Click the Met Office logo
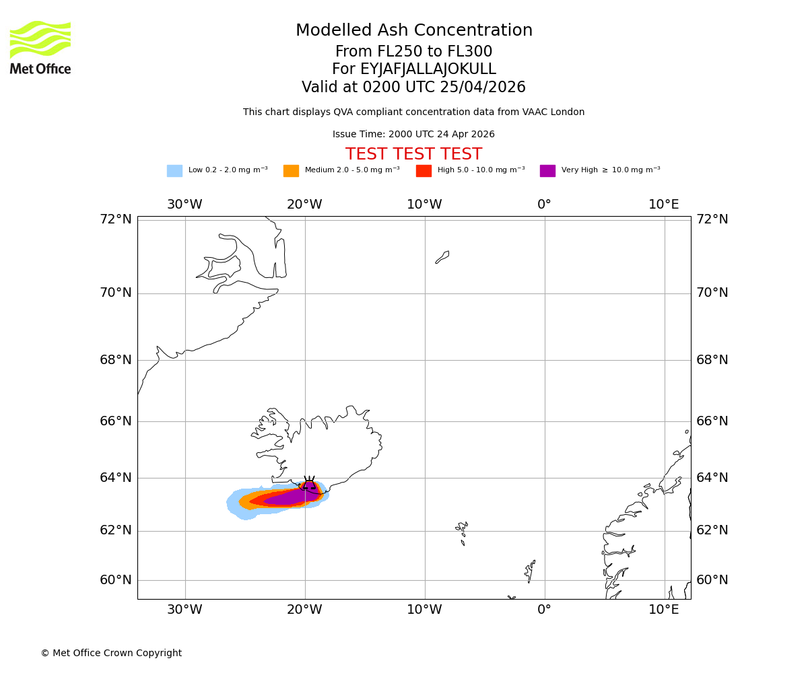(40, 47)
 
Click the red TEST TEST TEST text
(413, 155)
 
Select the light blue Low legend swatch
(174, 171)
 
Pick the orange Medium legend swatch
(291, 171)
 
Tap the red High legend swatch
(424, 171)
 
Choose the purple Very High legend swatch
(547, 171)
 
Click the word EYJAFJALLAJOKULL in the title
(428, 69)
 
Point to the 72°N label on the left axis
(116, 219)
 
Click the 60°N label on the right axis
(712, 580)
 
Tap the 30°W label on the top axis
(184, 205)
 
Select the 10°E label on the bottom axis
(664, 610)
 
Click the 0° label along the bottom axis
(544, 610)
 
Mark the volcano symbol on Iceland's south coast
(309, 485)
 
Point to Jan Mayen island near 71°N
(442, 257)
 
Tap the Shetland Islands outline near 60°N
(530, 571)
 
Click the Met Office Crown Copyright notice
(111, 653)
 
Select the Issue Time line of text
(413, 135)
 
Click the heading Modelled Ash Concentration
(413, 31)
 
